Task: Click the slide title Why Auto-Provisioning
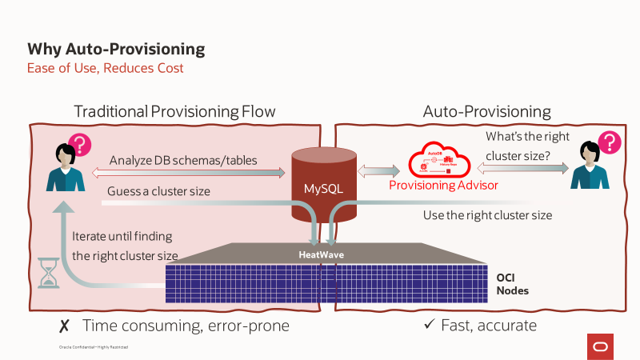point(116,50)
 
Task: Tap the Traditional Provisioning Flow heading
point(174,111)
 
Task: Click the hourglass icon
point(50,271)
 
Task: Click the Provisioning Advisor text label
point(443,185)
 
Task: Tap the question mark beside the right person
point(610,143)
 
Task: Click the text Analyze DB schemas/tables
point(183,160)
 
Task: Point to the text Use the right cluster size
point(487,215)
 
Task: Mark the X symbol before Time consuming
point(64,326)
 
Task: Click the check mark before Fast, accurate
point(429,326)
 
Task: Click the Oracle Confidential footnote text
point(94,347)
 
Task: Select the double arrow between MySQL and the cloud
point(379,170)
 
